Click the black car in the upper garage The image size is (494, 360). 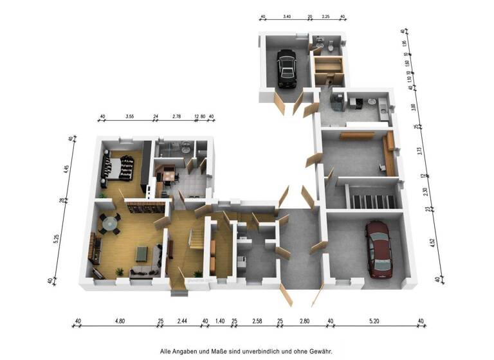[x=286, y=70]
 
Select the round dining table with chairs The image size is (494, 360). [x=110, y=222]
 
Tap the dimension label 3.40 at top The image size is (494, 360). [x=286, y=18]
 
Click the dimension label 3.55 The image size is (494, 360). [x=129, y=117]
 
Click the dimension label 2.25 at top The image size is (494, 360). [x=326, y=18]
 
